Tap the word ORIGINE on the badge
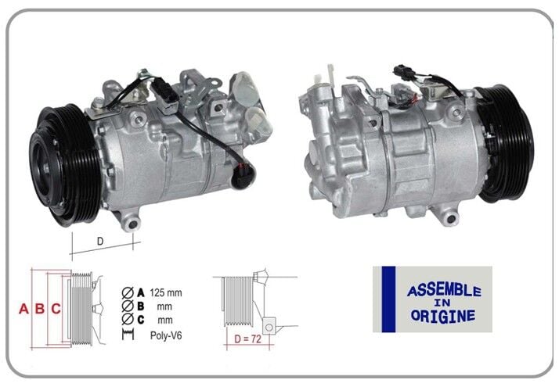click(x=442, y=316)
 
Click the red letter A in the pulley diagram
click(x=23, y=309)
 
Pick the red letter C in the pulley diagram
click(x=56, y=309)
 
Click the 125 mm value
click(x=165, y=292)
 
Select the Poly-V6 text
click(x=168, y=335)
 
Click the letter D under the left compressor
click(x=100, y=242)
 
